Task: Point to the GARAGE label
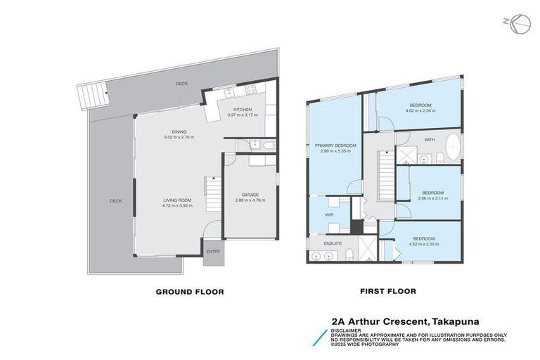pyautogui.click(x=247, y=195)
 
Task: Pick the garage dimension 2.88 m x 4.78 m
pyautogui.click(x=247, y=201)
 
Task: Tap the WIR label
pyautogui.click(x=328, y=214)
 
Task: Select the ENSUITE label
pyautogui.click(x=333, y=243)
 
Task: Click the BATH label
pyautogui.click(x=430, y=139)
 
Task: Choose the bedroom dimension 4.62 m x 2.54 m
pyautogui.click(x=420, y=110)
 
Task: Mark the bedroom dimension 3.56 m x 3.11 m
pyautogui.click(x=432, y=198)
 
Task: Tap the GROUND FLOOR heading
pyautogui.click(x=184, y=291)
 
